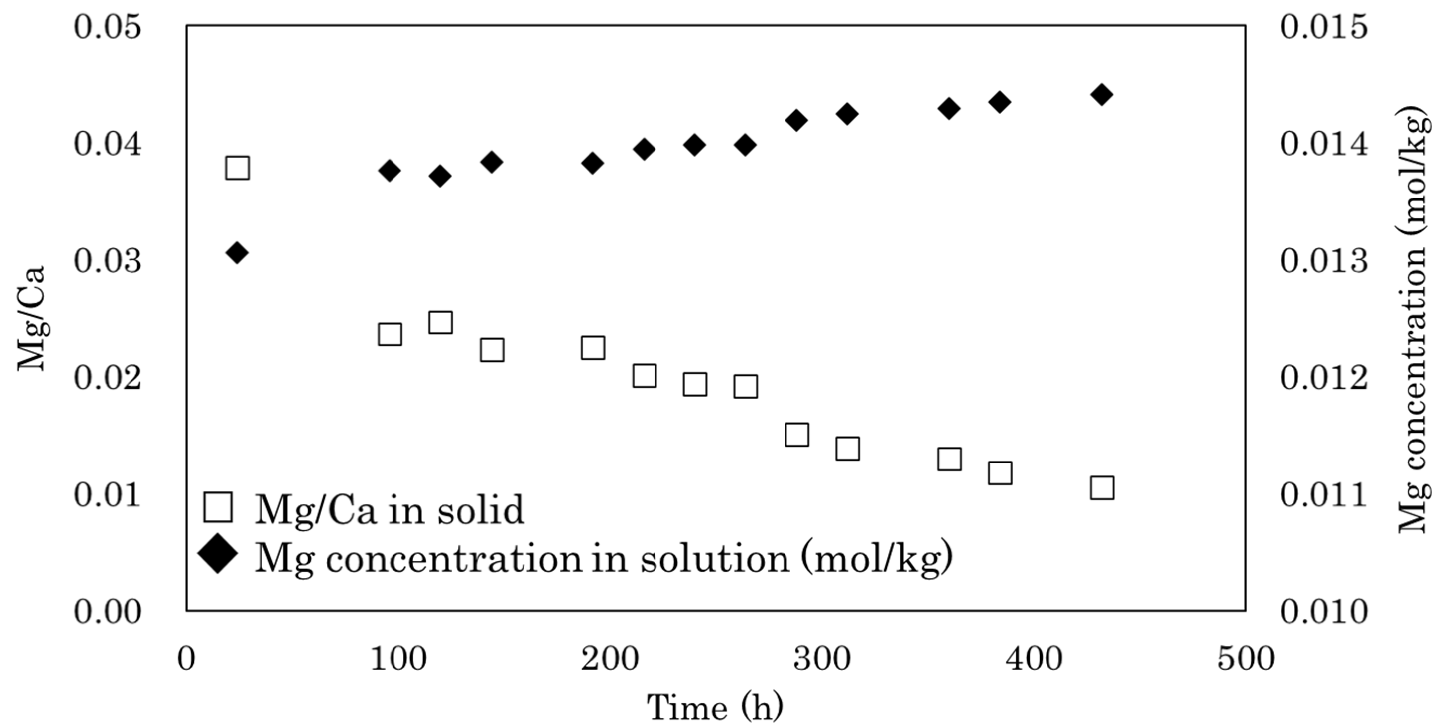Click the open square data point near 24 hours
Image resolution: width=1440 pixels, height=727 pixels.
click(x=237, y=168)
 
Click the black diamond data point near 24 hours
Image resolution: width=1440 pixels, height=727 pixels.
click(x=237, y=253)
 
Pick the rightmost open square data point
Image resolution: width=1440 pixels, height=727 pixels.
click(x=1102, y=488)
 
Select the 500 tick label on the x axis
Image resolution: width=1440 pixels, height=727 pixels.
click(x=1245, y=659)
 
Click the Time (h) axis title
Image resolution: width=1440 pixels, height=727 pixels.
click(x=715, y=708)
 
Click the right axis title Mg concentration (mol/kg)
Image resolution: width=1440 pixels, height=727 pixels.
click(x=1415, y=319)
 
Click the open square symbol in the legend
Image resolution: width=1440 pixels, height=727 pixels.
click(x=218, y=507)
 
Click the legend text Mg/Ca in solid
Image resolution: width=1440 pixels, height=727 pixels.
click(x=389, y=509)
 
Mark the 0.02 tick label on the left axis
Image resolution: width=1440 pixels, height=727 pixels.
click(x=107, y=379)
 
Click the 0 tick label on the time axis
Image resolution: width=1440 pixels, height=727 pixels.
click(x=186, y=659)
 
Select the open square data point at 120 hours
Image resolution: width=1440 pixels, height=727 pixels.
click(x=441, y=323)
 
